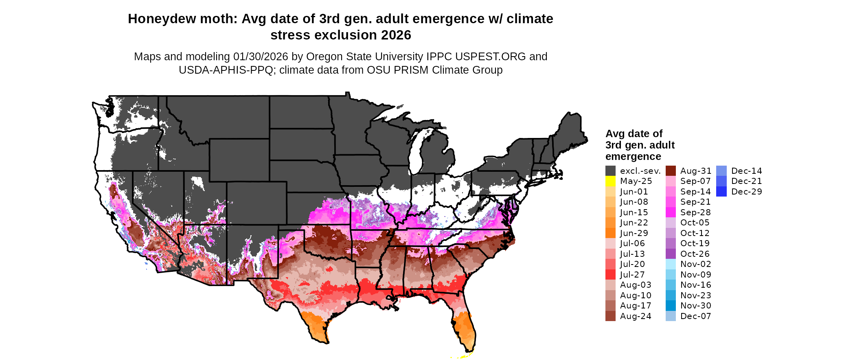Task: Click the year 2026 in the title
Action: point(396,35)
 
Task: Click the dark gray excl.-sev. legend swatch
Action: point(610,171)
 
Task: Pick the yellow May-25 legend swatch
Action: point(610,181)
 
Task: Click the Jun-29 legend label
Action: point(634,233)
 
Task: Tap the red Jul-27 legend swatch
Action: point(610,275)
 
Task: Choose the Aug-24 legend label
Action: point(636,316)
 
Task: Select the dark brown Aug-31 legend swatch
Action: point(671,171)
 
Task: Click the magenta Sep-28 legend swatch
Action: point(671,212)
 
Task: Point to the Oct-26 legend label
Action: point(695,254)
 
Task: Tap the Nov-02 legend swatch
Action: point(671,264)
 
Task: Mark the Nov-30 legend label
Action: point(696,306)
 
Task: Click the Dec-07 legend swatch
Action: point(671,316)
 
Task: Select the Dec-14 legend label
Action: point(747,171)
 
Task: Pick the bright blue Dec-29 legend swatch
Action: point(721,192)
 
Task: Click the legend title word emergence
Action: point(633,157)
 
